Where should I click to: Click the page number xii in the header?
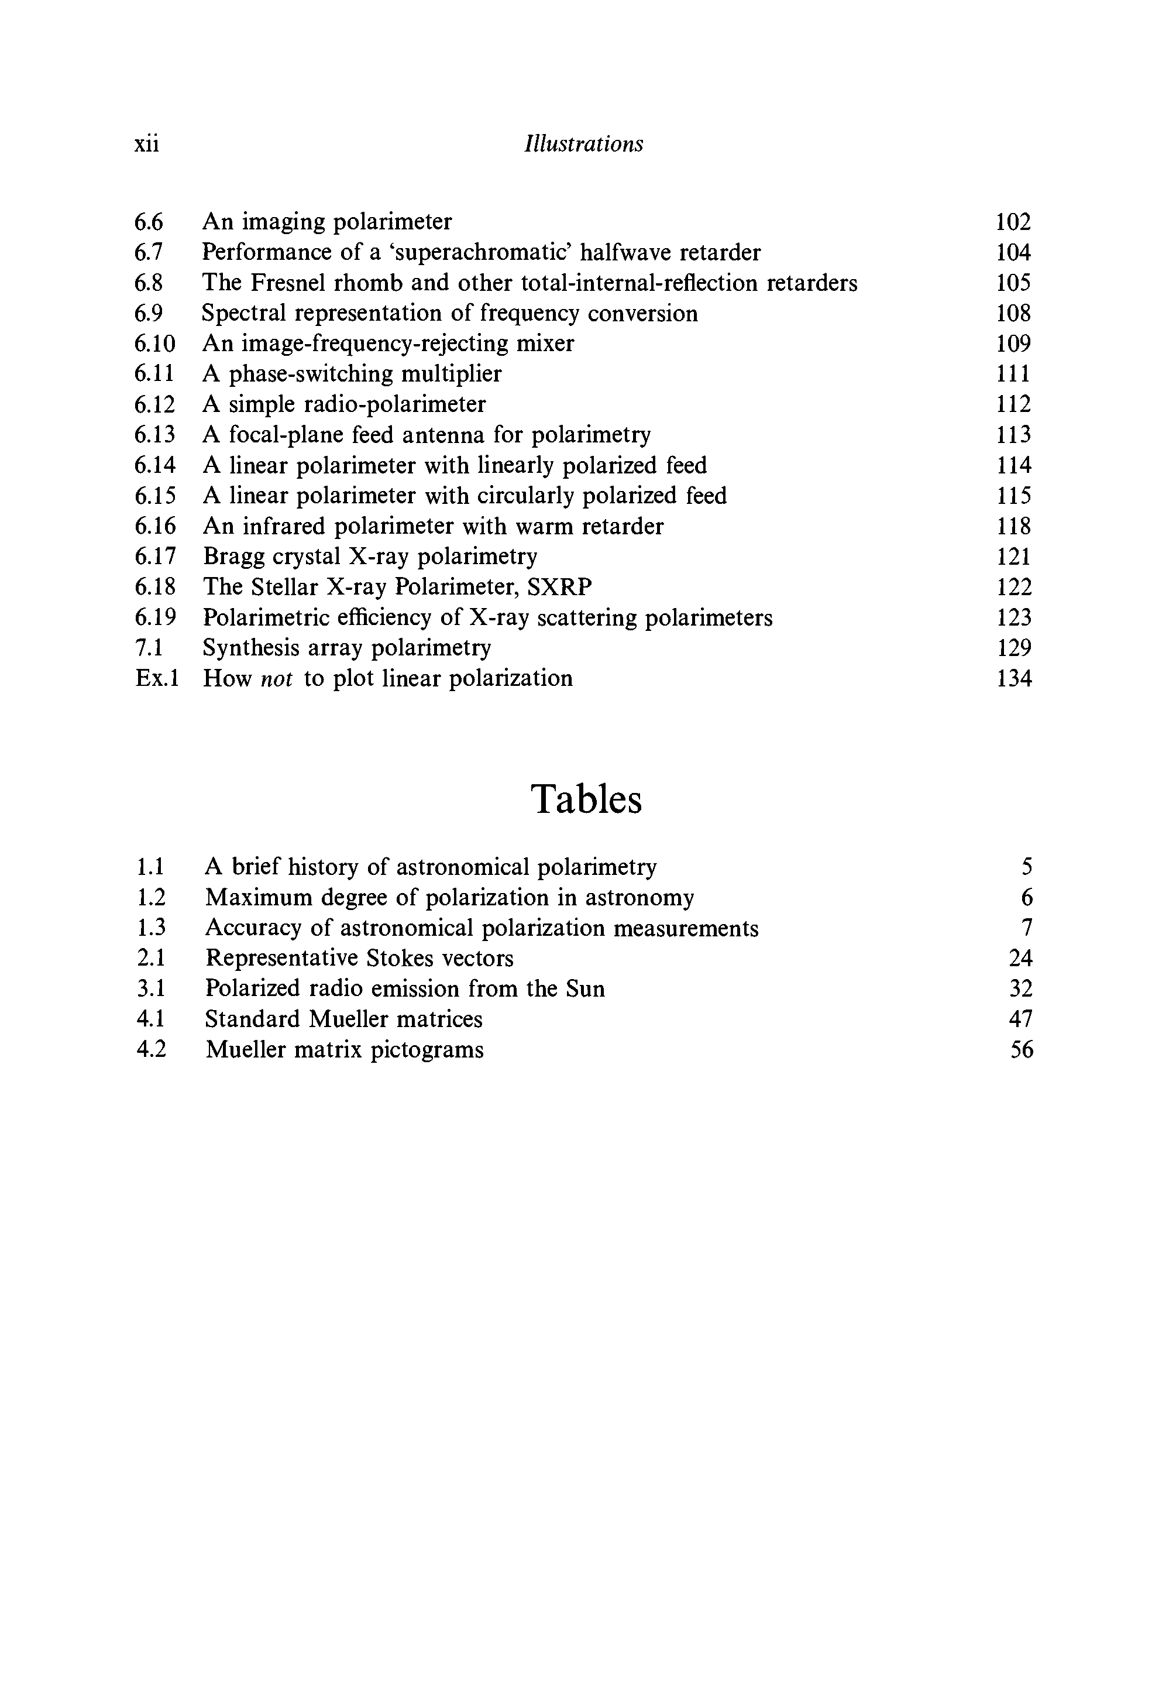pyautogui.click(x=147, y=144)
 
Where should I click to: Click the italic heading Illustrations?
pyautogui.click(x=583, y=144)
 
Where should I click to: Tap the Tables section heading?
pyautogui.click(x=586, y=799)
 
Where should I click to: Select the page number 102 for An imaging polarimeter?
pyautogui.click(x=1013, y=222)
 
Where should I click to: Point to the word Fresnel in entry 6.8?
pyautogui.click(x=295, y=283)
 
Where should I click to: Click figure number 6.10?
pyautogui.click(x=154, y=344)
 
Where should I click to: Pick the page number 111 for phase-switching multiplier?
pyautogui.click(x=1014, y=373)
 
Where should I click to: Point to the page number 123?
pyautogui.click(x=1014, y=617)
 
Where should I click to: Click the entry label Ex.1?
pyautogui.click(x=157, y=678)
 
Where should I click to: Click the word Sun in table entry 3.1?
pyautogui.click(x=585, y=989)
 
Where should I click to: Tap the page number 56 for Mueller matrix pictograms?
pyautogui.click(x=1022, y=1050)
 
